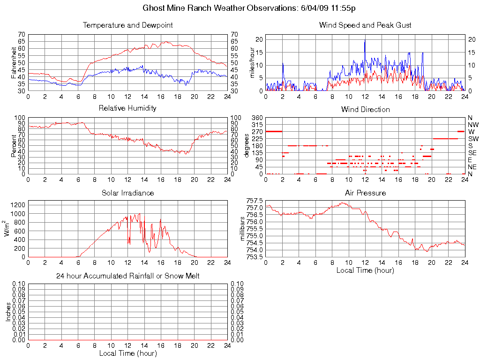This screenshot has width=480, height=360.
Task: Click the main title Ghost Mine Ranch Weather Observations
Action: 252,8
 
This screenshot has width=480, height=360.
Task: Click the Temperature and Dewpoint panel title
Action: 127,25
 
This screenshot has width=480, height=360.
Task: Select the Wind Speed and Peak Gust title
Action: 365,25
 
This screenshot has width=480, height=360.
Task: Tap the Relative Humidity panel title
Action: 127,108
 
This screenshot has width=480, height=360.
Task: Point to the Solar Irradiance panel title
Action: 127,193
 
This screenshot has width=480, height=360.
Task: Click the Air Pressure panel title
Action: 365,193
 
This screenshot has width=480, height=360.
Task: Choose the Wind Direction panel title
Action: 365,110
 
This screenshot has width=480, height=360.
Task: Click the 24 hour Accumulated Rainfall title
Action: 127,276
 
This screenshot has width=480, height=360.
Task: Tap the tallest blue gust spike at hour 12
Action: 365,40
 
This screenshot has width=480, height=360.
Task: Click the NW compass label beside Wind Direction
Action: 472,125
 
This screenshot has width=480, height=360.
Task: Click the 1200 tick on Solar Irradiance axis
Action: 18,204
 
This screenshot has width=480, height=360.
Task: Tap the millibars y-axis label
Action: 243,229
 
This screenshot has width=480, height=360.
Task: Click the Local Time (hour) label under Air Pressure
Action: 365,270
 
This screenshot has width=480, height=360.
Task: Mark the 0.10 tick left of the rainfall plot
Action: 19,284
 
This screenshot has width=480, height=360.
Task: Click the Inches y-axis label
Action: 8,312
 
